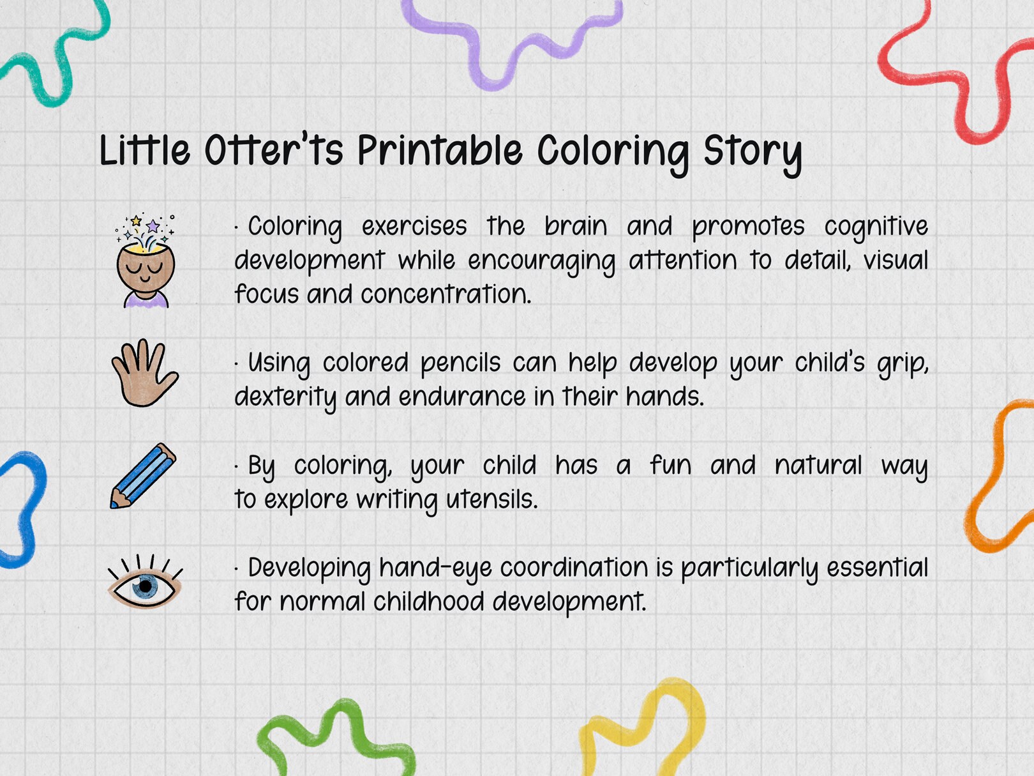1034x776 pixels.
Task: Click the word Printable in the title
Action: pyautogui.click(x=439, y=152)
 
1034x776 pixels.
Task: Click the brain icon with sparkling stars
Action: pyautogui.click(x=145, y=262)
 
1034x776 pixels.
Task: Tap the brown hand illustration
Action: pyautogui.click(x=144, y=374)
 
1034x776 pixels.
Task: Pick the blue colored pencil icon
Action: pyautogui.click(x=143, y=476)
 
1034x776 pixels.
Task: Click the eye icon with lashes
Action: pyautogui.click(x=145, y=582)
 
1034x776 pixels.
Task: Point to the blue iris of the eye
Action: pyautogui.click(x=146, y=586)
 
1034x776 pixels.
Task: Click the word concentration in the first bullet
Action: pyautogui.click(x=446, y=294)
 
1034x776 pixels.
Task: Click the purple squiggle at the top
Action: pyautogui.click(x=511, y=38)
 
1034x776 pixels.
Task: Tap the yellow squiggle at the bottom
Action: pyautogui.click(x=645, y=728)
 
